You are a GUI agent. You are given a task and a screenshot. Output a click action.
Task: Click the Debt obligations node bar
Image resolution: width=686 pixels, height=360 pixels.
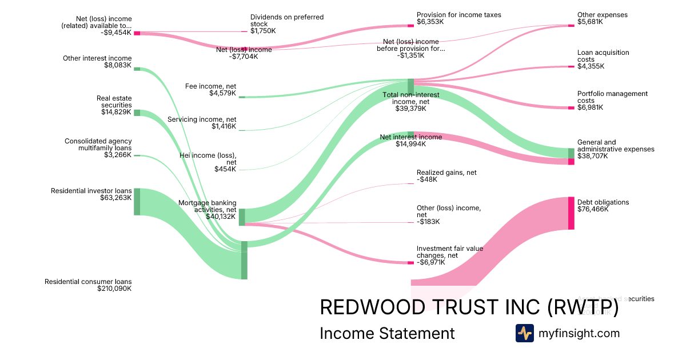click(571, 213)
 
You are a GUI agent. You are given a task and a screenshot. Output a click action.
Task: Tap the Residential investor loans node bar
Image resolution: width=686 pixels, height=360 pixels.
click(137, 202)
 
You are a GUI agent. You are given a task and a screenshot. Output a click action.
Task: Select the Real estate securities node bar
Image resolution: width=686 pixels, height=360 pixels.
click(137, 113)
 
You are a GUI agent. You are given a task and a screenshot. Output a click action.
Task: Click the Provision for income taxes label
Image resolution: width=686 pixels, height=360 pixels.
click(458, 15)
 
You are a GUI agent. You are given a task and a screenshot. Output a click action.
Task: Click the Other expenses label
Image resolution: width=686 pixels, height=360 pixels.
click(602, 15)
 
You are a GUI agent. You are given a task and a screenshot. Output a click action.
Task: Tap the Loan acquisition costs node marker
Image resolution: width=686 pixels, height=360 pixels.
click(571, 67)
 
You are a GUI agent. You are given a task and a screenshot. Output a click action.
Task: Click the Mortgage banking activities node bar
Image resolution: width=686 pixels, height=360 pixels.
click(242, 217)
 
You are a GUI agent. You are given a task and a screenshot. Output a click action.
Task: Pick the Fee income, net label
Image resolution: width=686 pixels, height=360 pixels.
click(210, 86)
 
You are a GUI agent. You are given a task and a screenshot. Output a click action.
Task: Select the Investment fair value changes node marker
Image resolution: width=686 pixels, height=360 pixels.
click(410, 263)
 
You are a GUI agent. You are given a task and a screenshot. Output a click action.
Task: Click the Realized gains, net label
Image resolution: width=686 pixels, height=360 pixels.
click(446, 173)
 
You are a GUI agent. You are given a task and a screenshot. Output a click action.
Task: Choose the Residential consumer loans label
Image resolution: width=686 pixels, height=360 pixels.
click(88, 282)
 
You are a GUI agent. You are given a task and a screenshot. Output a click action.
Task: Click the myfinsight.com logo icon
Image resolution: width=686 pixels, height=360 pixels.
click(524, 333)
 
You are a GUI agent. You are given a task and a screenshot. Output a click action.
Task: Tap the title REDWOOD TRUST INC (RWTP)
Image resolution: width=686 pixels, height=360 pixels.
click(469, 307)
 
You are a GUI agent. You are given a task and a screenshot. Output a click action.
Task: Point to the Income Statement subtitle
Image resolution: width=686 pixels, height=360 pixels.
click(387, 334)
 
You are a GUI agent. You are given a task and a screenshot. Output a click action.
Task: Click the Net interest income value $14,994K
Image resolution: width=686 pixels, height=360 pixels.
click(410, 144)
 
